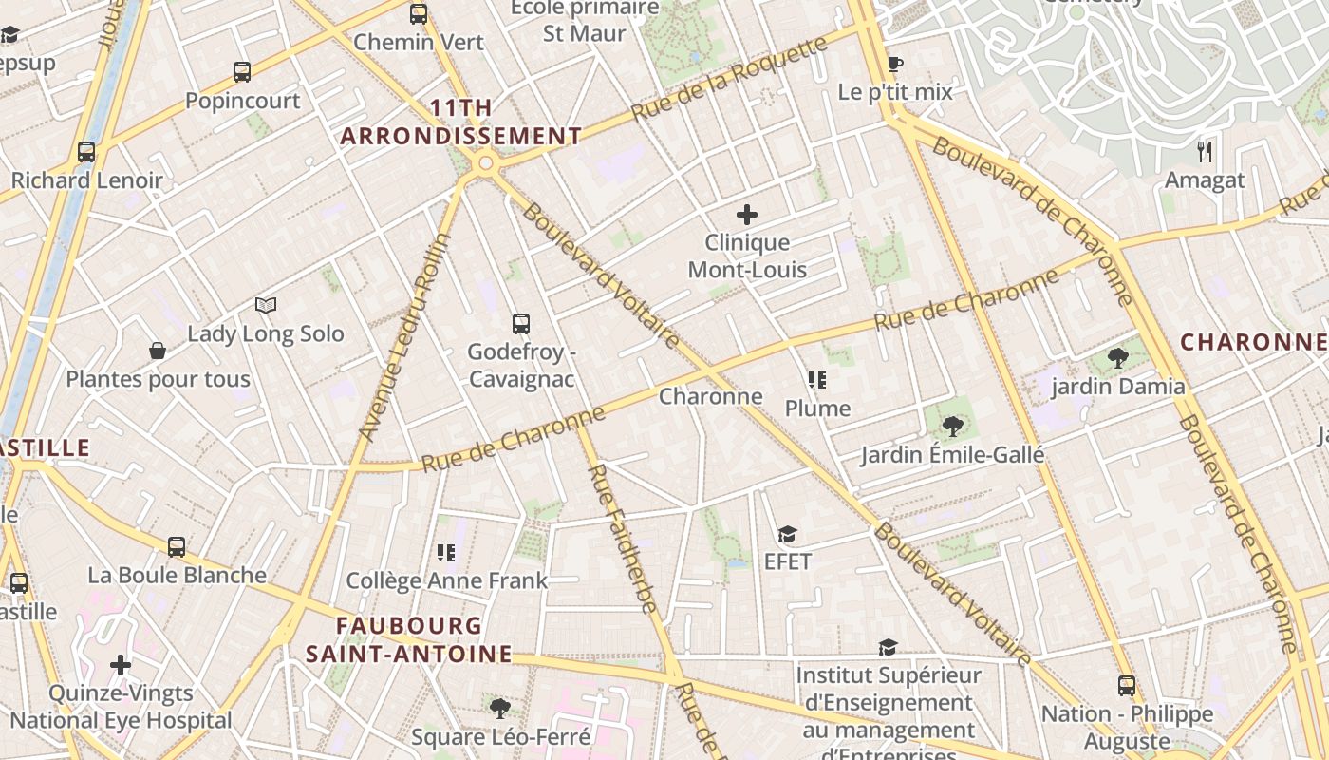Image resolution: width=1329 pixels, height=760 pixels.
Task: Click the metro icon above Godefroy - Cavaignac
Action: tap(520, 323)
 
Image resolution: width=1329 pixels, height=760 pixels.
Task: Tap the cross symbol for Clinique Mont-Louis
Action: tap(747, 215)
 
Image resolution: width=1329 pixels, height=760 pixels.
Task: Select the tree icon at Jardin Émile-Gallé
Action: tap(952, 426)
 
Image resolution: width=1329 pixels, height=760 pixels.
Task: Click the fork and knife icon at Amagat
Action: tap(1205, 151)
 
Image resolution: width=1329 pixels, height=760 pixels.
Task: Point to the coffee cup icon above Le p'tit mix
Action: tap(894, 64)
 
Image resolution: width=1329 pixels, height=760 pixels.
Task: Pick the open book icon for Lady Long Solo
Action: tap(266, 305)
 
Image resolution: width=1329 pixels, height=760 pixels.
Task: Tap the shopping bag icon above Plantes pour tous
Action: tap(158, 351)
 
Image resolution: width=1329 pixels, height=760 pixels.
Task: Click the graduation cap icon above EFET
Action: tap(787, 534)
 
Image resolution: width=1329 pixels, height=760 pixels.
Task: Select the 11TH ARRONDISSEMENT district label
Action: tap(461, 123)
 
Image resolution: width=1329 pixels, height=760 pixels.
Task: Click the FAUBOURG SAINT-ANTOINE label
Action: tap(409, 639)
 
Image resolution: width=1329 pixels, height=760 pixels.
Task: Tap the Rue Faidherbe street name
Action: tap(624, 538)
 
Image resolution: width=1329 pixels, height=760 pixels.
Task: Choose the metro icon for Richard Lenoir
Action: tap(86, 151)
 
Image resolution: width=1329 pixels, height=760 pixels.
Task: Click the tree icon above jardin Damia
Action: tap(1118, 357)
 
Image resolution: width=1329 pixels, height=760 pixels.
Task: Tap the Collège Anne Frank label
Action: tap(446, 580)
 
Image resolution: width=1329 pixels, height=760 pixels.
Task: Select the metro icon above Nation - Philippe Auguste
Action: tap(1127, 685)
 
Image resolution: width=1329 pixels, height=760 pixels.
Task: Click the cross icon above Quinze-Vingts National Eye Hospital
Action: tap(121, 664)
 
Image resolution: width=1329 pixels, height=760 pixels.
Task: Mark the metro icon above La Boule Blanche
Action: tap(177, 546)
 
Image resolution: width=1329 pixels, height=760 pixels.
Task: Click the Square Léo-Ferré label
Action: tap(500, 736)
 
